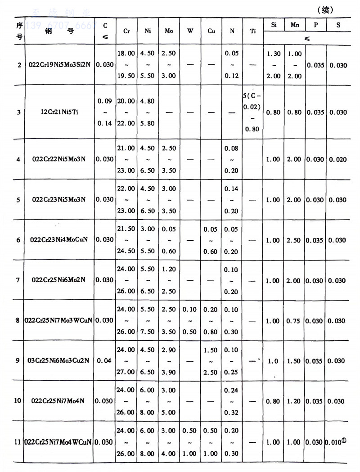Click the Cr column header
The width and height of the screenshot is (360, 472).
pos(126,31)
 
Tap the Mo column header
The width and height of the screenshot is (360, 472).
pos(169,31)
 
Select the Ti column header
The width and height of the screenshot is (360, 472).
pos(253,31)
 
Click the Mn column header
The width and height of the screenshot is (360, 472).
pos(295,25)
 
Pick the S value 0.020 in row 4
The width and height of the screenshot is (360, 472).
pos(338,159)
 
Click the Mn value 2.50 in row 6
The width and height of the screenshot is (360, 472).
pos(295,240)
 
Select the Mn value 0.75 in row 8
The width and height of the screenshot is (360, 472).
pos(295,321)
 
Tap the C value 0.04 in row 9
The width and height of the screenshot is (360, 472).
pos(105,361)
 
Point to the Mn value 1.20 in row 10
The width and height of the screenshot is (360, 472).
pos(295,401)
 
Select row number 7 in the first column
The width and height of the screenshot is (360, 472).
pos(18,280)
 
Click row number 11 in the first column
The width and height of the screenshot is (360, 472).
pos(18,442)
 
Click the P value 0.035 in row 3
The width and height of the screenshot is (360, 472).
pos(316,112)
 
